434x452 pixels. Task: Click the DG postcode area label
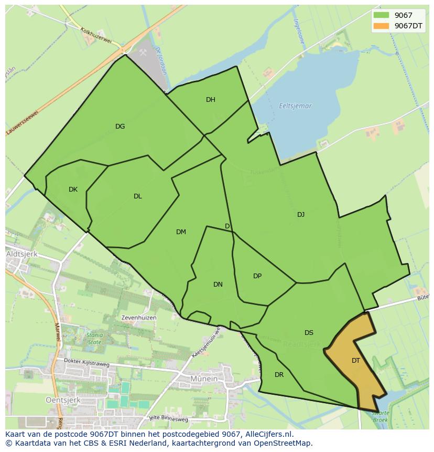(120, 126)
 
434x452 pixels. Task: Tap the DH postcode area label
(211, 100)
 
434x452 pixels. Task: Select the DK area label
(73, 190)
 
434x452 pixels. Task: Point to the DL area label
(137, 196)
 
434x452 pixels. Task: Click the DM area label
(181, 232)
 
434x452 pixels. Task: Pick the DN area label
(218, 285)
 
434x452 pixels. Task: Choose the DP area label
(257, 276)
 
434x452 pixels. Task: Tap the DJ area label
(301, 214)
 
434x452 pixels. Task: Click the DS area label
(309, 333)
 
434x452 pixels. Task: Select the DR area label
(279, 375)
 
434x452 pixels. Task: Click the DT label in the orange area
(356, 361)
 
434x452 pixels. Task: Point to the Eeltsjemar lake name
(295, 106)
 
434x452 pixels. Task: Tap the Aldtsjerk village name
(20, 254)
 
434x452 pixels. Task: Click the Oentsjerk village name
(24, 400)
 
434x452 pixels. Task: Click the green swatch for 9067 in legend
(381, 16)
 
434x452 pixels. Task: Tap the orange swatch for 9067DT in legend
(381, 26)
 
